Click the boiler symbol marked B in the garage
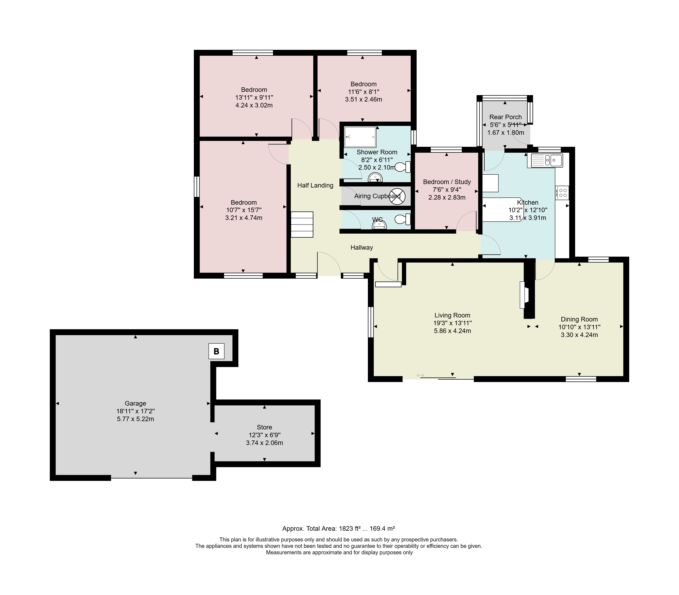click(216, 351)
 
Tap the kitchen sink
click(547, 160)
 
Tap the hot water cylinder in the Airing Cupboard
click(397, 196)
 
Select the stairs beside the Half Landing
click(302, 224)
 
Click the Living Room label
click(452, 315)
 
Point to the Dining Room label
click(579, 319)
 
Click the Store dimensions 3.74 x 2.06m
click(265, 443)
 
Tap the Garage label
click(135, 403)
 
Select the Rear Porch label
click(506, 117)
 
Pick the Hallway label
click(362, 247)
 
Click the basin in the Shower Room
click(375, 178)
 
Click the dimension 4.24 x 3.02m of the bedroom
click(254, 105)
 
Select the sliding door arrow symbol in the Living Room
click(420, 375)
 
